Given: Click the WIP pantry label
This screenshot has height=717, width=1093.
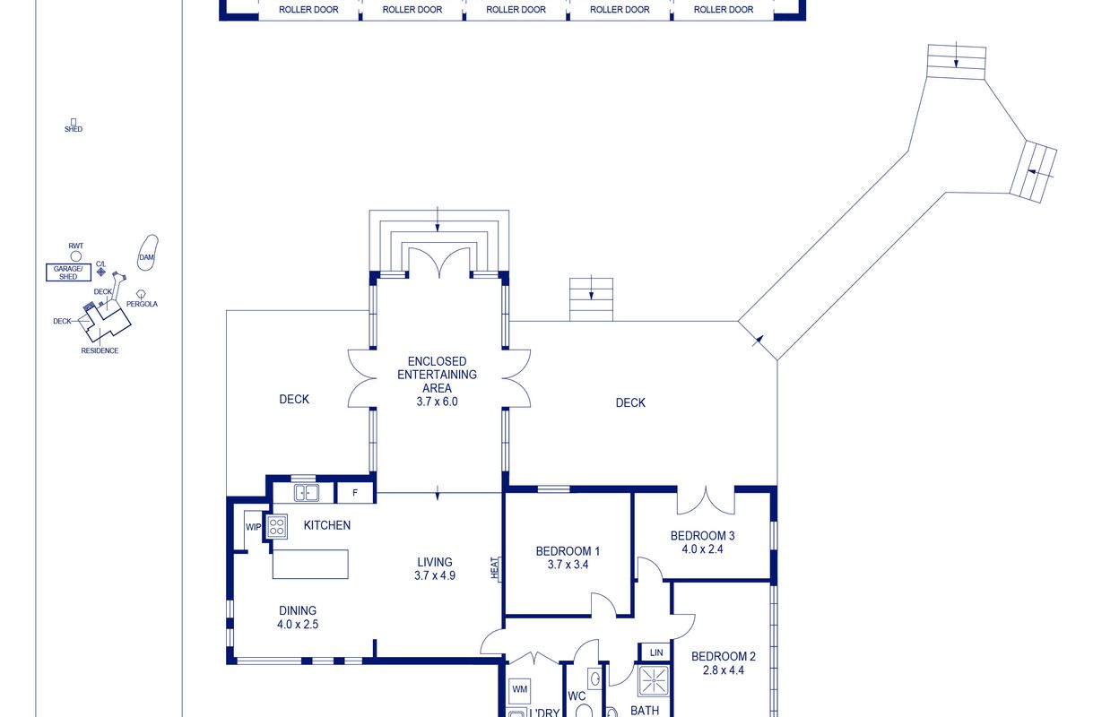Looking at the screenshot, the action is coord(253,527).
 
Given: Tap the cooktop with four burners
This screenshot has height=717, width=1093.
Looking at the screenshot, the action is coord(277,527).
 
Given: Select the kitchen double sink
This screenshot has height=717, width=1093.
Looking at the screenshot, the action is coord(307,493).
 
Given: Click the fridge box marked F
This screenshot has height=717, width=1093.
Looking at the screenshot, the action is coord(355,493).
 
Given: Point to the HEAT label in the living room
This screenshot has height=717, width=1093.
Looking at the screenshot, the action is coord(495,567).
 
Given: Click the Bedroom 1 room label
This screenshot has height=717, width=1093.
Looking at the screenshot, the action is coord(568,551).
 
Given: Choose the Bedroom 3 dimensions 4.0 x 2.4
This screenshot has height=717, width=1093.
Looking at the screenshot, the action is coord(702,549).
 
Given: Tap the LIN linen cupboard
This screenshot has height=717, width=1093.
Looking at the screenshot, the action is coord(656,652).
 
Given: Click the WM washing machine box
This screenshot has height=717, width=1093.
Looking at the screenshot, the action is coord(519,690).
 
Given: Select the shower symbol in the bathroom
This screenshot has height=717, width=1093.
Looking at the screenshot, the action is coord(653,680).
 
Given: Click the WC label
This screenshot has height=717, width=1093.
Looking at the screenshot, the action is coord(577,696).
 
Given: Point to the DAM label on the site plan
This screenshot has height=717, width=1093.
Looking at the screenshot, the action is coord(146,257).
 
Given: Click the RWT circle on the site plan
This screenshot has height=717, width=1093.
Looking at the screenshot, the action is coord(75,256).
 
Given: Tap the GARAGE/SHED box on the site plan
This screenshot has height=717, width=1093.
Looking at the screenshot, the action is coord(68,272).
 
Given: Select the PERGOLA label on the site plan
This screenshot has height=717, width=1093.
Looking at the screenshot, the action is coord(142,304).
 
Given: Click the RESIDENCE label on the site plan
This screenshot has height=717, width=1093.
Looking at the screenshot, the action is coord(100,350).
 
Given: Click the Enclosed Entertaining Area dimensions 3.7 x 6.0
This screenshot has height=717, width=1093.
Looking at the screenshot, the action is coord(438,402).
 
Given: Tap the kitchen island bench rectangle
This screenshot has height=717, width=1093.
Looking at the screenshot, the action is coord(310,565).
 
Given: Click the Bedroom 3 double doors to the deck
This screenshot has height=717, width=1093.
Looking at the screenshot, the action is coord(706,500).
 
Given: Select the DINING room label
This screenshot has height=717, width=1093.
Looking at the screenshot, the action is coord(298,610).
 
